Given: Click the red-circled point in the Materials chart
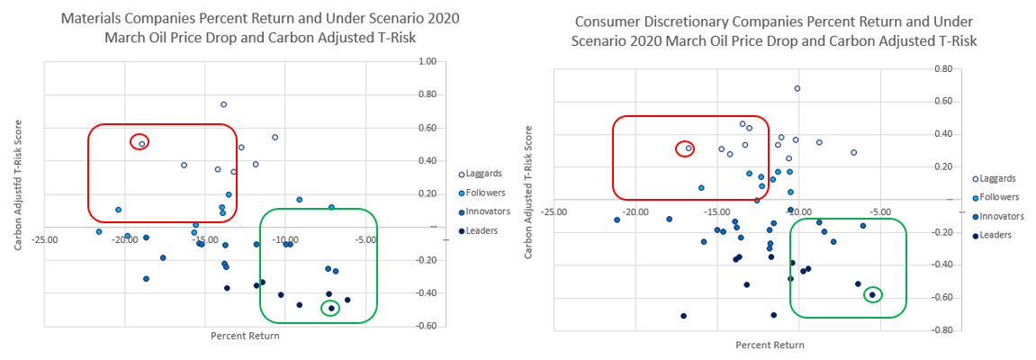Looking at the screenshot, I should pos(141,143).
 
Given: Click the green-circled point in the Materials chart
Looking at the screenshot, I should pos(331,309).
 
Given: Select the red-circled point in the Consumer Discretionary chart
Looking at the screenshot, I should pos(689,148).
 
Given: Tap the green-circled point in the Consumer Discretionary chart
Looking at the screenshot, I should pos(871,294).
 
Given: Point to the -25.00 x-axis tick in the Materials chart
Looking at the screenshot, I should pos(45,240).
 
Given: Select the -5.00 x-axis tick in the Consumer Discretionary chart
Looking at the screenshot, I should pos(879,213).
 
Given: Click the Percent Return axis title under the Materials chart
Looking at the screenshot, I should pos(245,336).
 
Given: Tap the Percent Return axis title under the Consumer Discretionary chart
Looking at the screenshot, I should pos(770,345).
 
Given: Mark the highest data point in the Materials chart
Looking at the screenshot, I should pos(223,104).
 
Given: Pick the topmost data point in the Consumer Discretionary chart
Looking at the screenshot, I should pos(797,88).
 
